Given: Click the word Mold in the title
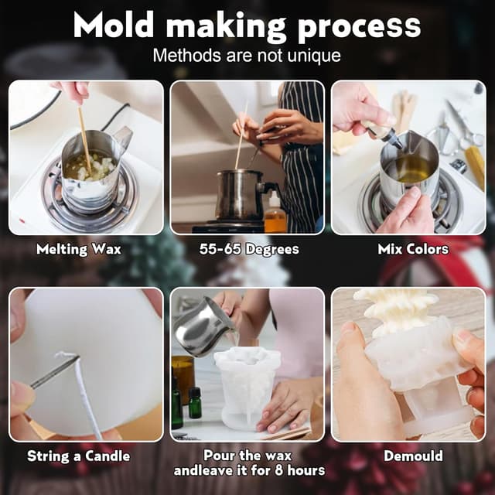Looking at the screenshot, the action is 114,26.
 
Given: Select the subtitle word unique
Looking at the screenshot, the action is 313,56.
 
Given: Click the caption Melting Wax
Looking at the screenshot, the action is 79,249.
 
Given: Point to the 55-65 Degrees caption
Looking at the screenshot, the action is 249,249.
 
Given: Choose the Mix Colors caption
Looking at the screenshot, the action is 413,249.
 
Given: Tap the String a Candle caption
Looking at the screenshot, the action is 79,456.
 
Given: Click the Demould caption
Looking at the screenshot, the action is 413,456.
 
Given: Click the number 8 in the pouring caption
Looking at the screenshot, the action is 278,470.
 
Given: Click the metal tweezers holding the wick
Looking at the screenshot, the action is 54,372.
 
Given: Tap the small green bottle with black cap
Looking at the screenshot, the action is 194,402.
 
